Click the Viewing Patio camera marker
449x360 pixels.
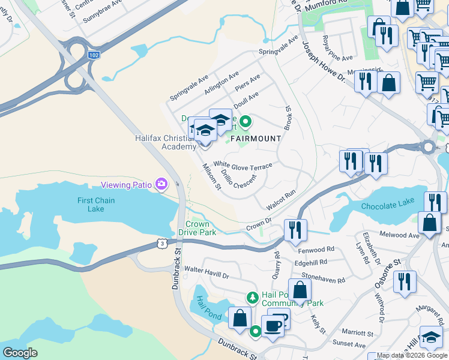click(x=161, y=184)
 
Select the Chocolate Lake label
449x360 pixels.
click(x=388, y=205)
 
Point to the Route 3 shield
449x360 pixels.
click(x=161, y=242)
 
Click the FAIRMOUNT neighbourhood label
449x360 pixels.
click(x=253, y=139)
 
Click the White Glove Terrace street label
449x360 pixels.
click(x=243, y=165)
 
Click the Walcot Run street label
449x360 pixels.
click(x=281, y=200)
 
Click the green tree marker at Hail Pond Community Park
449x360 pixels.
click(x=253, y=296)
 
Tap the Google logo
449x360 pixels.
click(x=20, y=353)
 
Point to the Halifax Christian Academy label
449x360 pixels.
click(x=166, y=142)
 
